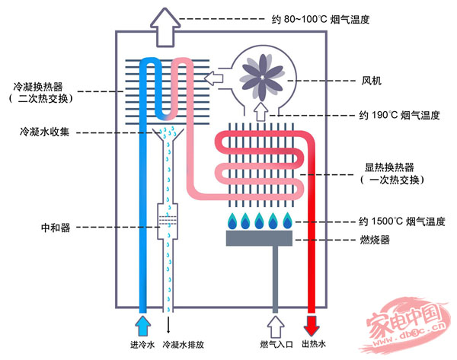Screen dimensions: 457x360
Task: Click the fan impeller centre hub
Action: [262, 78]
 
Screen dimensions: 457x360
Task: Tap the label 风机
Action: [372, 81]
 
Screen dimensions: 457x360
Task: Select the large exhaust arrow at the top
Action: [165, 27]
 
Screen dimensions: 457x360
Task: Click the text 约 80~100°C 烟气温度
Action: [321, 20]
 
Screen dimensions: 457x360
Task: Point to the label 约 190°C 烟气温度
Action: [399, 116]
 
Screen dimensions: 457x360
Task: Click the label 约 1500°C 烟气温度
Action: [402, 221]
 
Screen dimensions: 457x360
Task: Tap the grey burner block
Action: [259, 238]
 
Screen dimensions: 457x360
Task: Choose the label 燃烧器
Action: [375, 240]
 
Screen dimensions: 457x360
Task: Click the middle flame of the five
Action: [259, 221]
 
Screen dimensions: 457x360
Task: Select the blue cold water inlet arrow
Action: [142, 327]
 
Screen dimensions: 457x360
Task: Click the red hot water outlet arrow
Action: [312, 326]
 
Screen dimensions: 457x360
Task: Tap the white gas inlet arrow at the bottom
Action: [275, 327]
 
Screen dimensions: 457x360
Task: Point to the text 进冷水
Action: [142, 345]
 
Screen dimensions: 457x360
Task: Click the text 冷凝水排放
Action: [183, 345]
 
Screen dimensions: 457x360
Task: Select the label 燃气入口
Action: [276, 345]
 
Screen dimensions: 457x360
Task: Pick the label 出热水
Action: [314, 344]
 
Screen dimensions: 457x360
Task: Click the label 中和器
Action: [56, 228]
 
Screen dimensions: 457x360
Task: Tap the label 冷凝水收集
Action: [44, 132]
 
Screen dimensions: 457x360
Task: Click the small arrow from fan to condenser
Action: [213, 78]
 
